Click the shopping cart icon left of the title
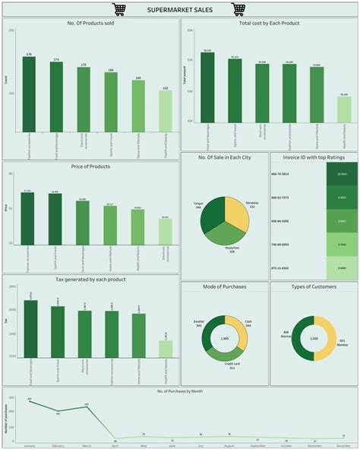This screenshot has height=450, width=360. (118, 9)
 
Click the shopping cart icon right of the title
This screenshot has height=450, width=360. (238, 9)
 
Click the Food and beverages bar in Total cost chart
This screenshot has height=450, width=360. (207, 87)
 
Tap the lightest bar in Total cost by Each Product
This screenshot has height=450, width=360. (343, 109)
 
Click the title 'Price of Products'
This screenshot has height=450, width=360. (90, 166)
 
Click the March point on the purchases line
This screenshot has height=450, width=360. (87, 407)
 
